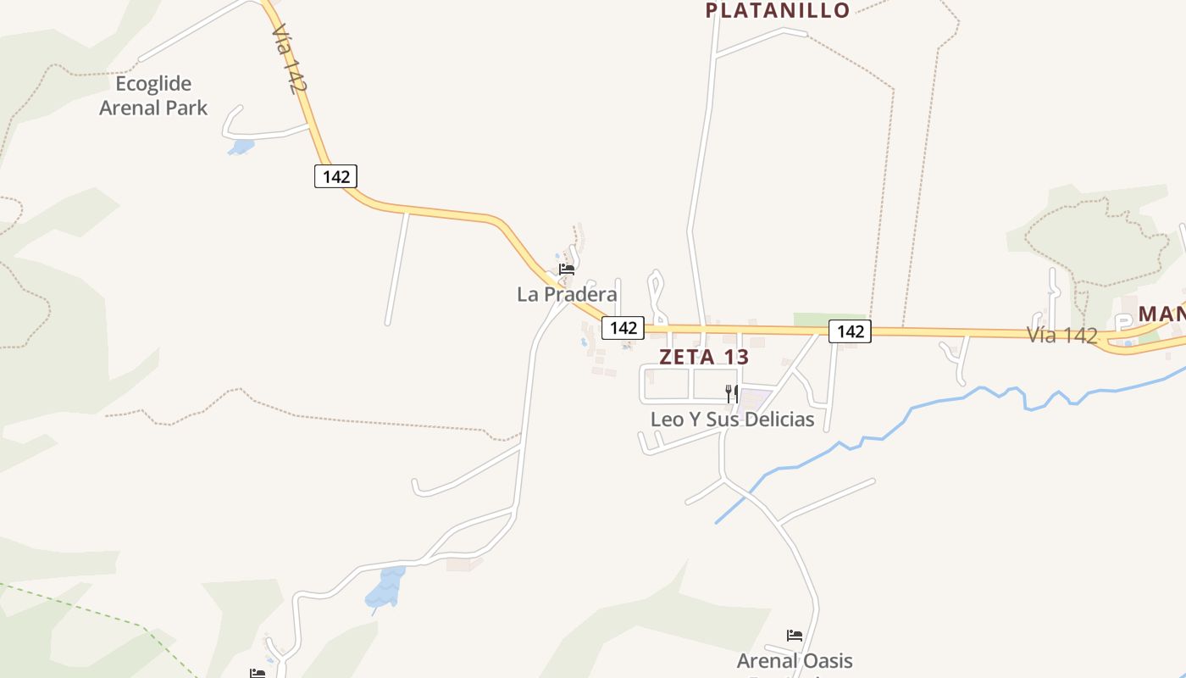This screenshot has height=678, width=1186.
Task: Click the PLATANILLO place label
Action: (x=777, y=11)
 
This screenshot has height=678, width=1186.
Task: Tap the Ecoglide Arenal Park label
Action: (x=153, y=96)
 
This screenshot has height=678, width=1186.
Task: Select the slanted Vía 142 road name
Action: (x=289, y=58)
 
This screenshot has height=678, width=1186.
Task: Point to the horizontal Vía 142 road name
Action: (x=1062, y=335)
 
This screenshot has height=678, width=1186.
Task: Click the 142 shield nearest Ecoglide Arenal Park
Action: (x=335, y=176)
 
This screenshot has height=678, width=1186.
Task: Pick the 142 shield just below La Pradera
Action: (x=623, y=327)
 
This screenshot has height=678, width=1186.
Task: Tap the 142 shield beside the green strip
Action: (x=850, y=331)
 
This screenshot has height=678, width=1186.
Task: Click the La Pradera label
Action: (x=567, y=294)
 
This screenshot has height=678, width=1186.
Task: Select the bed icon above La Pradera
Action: (x=567, y=270)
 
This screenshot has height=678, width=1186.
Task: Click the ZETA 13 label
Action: (x=704, y=357)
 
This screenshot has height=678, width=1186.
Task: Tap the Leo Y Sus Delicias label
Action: (x=732, y=419)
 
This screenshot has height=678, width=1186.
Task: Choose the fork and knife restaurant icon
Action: (x=732, y=393)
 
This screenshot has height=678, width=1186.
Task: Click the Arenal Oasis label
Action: (x=794, y=660)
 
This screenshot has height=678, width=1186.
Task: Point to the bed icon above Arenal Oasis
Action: (x=794, y=635)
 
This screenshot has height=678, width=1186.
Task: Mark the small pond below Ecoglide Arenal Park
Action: (x=241, y=147)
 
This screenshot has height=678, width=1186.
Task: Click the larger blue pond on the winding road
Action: (x=387, y=589)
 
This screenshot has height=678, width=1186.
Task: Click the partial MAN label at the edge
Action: (x=1161, y=314)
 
